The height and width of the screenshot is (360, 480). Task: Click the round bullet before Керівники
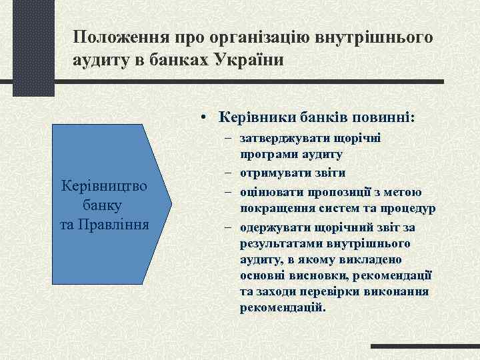202,118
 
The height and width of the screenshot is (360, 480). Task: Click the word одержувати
273,227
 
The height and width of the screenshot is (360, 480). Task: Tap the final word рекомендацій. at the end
283,308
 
